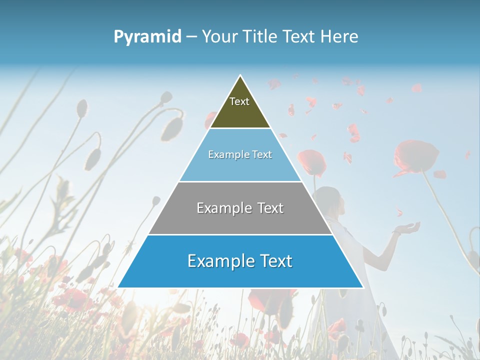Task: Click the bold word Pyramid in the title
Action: click(x=147, y=36)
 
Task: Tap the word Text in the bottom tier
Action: click(x=274, y=261)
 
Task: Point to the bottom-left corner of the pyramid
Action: click(x=118, y=287)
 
